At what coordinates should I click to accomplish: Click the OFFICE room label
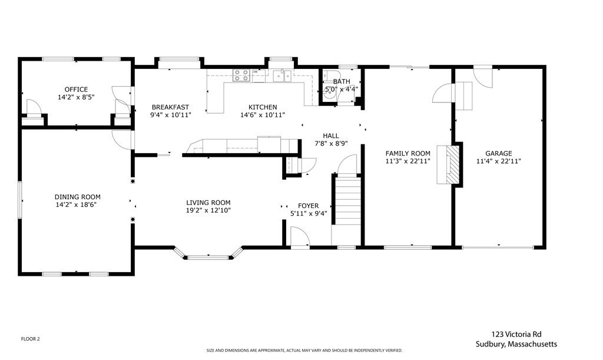(x=76, y=89)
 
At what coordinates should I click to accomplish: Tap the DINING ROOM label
(x=77, y=197)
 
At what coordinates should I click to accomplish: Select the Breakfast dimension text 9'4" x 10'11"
(x=170, y=115)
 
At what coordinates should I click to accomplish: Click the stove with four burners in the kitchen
(x=241, y=75)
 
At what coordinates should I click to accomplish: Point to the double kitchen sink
(x=282, y=76)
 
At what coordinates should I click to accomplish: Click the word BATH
(x=342, y=81)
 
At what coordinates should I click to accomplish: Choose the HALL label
(x=331, y=136)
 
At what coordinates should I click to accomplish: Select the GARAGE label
(x=498, y=153)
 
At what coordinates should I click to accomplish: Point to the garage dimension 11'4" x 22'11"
(x=498, y=161)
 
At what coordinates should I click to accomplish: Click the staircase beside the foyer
(x=346, y=200)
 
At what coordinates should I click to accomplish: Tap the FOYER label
(x=308, y=206)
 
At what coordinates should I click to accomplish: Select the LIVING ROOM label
(x=208, y=202)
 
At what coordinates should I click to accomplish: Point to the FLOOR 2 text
(x=31, y=339)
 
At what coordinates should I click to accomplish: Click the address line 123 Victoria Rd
(x=516, y=334)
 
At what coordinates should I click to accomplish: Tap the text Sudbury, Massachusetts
(x=516, y=344)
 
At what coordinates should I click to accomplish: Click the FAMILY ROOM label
(x=407, y=153)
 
